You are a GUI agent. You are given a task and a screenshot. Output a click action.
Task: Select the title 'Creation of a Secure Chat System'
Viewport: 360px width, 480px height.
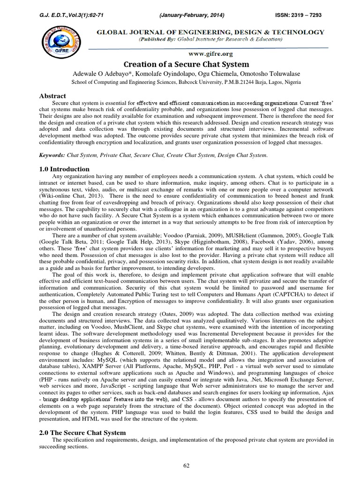pos(180,64)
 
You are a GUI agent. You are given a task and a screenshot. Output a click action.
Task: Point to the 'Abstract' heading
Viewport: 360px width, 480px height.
pos(52,95)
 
